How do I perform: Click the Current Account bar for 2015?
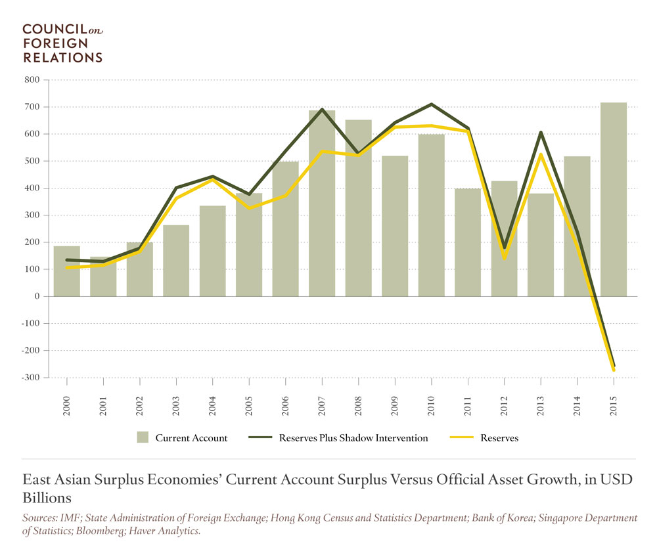coord(613,199)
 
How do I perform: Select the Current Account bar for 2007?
coord(322,203)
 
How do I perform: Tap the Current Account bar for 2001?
coord(103,276)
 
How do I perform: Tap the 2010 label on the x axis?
coord(432,397)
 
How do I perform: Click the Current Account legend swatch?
coord(143,438)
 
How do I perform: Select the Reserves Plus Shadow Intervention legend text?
coord(353,438)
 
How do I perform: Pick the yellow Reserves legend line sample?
coord(463,438)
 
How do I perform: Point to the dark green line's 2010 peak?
coord(432,104)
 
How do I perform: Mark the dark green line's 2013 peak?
coord(541,133)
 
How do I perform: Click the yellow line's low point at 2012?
coord(505,258)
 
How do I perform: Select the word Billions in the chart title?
coord(46,496)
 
